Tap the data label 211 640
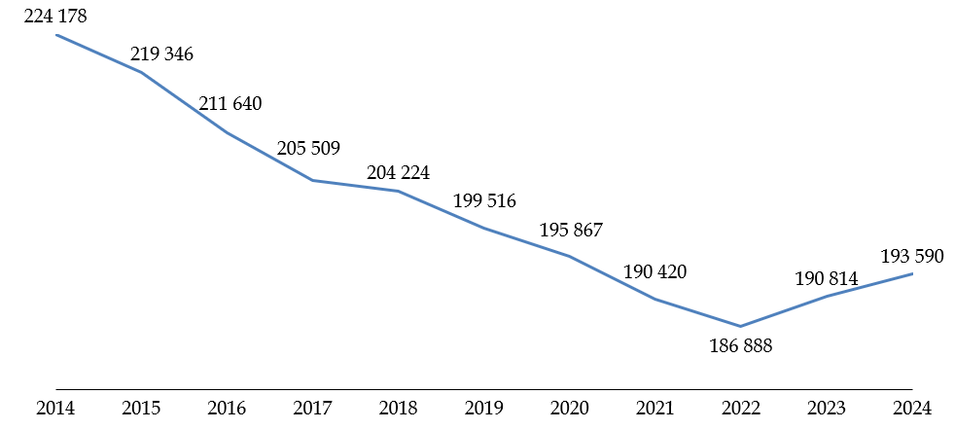coord(230,103)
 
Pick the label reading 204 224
coord(398,173)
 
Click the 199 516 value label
coord(484,202)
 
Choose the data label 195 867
coord(571,231)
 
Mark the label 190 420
coord(654,271)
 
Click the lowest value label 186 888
coord(740,345)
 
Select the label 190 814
coord(826,279)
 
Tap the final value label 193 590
coord(911,256)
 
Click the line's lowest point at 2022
coord(740,326)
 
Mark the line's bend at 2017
coord(312,180)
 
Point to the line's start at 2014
coord(56,35)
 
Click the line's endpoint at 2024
coord(911,274)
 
